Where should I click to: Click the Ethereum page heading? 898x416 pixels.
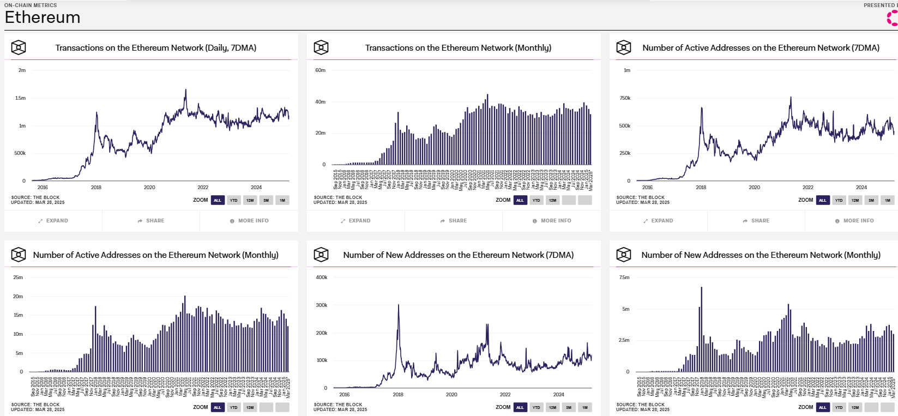tap(43, 17)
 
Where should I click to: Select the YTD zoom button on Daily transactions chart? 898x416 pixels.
tap(233, 200)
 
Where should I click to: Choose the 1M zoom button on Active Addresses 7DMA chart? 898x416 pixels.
tap(887, 200)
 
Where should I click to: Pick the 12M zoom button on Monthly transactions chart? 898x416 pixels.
tap(552, 200)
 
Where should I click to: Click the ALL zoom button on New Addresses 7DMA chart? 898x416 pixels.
tap(520, 407)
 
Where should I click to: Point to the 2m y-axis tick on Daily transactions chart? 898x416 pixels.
tap(22, 70)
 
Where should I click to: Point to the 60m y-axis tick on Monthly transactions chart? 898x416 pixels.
tap(320, 70)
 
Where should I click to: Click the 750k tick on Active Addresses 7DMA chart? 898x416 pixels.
tap(625, 98)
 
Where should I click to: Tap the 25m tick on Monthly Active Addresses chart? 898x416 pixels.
tap(18, 278)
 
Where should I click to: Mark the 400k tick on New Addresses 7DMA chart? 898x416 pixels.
tap(322, 278)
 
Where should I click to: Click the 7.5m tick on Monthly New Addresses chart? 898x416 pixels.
tap(624, 278)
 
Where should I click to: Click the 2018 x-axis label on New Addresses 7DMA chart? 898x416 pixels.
tap(398, 394)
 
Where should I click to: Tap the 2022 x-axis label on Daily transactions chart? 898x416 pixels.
tap(203, 187)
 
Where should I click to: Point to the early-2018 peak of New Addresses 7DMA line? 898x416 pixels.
tap(399, 305)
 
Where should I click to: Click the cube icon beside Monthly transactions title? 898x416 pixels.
tap(321, 47)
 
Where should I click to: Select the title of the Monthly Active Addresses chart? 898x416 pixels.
tap(155, 255)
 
